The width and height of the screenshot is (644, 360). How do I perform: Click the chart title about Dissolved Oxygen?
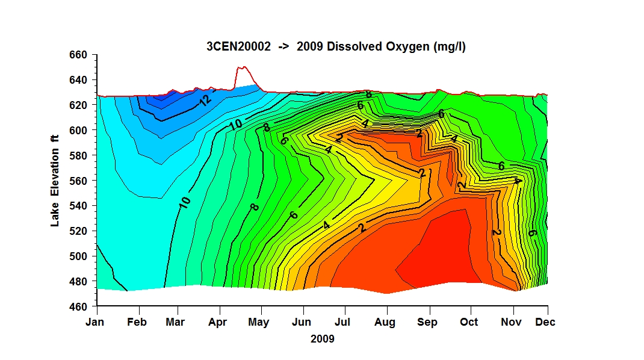(336, 46)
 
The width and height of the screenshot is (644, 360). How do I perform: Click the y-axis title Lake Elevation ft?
(55, 181)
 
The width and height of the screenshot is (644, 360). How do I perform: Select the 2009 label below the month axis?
(323, 339)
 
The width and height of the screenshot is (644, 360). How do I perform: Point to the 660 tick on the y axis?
(78, 55)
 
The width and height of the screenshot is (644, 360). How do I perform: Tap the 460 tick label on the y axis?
(78, 306)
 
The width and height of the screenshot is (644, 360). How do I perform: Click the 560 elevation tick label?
(78, 181)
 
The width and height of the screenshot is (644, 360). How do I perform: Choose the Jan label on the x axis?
(95, 322)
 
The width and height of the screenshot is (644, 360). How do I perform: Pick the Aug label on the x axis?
(385, 322)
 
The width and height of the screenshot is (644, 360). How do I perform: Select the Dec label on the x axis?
(545, 322)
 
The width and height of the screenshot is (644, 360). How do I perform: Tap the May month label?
(259, 322)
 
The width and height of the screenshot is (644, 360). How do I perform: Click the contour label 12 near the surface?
(205, 100)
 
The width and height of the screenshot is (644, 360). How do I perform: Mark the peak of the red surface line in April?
(243, 67)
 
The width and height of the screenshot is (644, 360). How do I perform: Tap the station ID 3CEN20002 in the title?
(238, 46)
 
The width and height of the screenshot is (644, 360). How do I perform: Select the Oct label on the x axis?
(469, 322)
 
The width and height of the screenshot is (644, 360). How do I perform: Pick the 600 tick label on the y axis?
(78, 130)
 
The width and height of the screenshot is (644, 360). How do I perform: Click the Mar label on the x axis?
(175, 322)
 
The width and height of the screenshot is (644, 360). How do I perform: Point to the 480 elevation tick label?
(78, 282)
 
